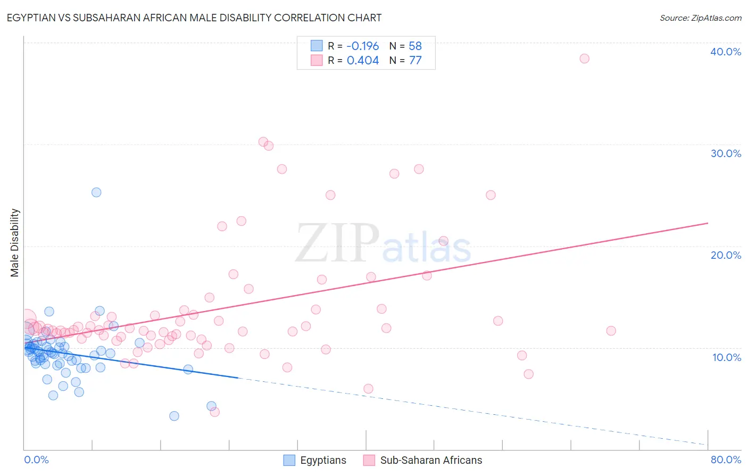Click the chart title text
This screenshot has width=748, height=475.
click(x=194, y=18)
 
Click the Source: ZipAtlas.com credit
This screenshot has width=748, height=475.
click(x=700, y=18)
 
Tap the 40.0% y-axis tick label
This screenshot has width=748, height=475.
click(x=726, y=52)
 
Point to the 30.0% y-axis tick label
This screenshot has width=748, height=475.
click(x=726, y=153)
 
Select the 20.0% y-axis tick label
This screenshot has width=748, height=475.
click(x=726, y=255)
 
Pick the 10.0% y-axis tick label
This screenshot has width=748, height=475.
click(x=727, y=357)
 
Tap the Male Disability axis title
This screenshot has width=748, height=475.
click(x=15, y=242)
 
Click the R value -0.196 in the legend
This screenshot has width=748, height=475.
click(x=362, y=46)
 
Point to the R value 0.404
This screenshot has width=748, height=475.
click(x=363, y=61)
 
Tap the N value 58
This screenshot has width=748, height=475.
click(x=415, y=46)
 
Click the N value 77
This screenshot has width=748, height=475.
click(x=415, y=61)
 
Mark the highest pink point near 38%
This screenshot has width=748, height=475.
click(x=584, y=59)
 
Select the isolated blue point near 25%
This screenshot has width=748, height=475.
click(x=96, y=192)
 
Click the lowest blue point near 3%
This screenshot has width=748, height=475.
click(x=174, y=416)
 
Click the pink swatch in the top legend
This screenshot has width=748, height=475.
click(x=317, y=60)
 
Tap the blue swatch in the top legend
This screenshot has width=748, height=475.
click(x=317, y=46)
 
